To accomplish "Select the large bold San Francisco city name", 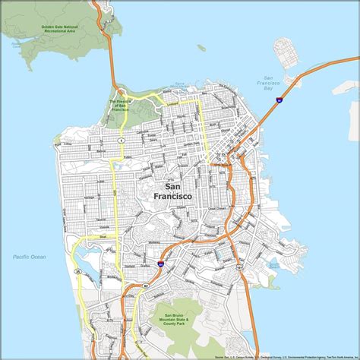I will (172, 191).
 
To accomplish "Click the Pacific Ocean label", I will (29, 257).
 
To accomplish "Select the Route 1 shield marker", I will (122, 141).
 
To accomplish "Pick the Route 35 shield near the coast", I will (77, 270).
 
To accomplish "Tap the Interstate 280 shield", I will (161, 264).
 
